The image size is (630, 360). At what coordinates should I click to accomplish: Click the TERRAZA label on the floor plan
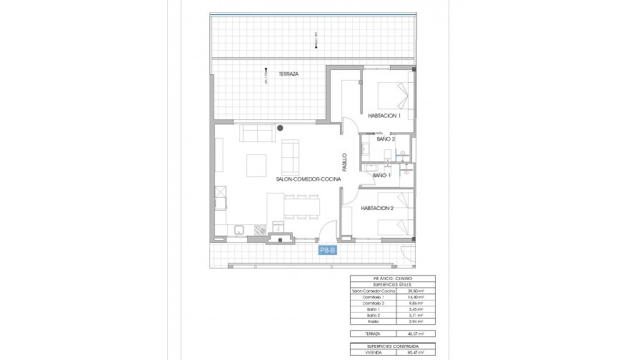coord(289,74)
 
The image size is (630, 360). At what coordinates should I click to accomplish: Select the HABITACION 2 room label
coord(377,208)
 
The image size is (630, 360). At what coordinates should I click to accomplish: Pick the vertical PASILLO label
coord(344,163)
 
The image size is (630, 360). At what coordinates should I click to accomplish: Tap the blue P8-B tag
coord(327,250)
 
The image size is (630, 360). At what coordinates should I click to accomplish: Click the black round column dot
coord(281,128)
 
